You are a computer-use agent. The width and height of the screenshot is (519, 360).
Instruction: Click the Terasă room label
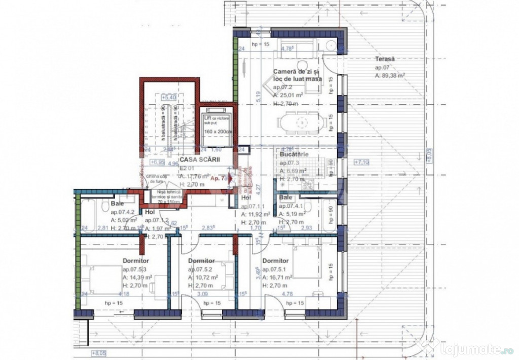click(385, 59)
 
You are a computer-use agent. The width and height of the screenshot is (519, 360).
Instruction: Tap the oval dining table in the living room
click(301, 122)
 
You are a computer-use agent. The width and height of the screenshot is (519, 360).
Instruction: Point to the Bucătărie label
click(293, 155)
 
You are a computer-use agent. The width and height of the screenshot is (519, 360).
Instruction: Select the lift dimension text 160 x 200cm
click(217, 132)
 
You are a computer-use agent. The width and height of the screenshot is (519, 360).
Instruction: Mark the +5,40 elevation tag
click(168, 96)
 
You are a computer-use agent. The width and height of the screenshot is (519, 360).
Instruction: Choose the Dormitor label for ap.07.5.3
click(135, 261)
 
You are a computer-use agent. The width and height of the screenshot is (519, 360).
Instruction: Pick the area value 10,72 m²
click(205, 278)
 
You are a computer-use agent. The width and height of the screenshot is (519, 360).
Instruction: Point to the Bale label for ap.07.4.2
click(117, 204)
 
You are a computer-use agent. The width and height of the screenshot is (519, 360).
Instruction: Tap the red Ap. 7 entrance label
click(218, 178)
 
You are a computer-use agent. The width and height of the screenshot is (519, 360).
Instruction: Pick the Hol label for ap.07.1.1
click(246, 198)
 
